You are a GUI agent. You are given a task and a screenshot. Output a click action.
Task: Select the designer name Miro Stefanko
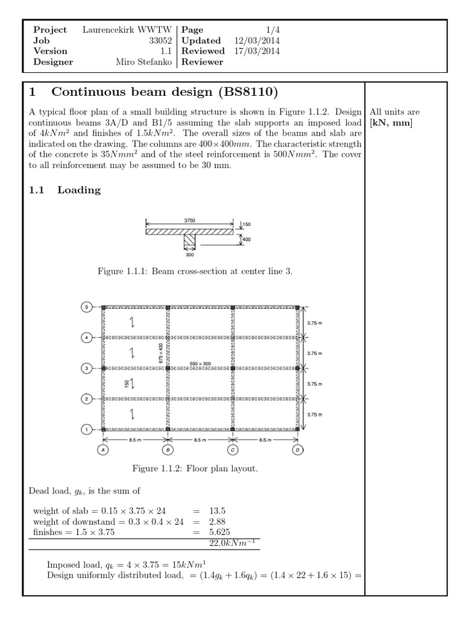(x=143, y=62)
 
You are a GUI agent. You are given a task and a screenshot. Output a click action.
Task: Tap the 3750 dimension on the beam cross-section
(x=190, y=221)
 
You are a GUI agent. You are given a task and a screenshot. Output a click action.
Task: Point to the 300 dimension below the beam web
(x=190, y=254)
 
